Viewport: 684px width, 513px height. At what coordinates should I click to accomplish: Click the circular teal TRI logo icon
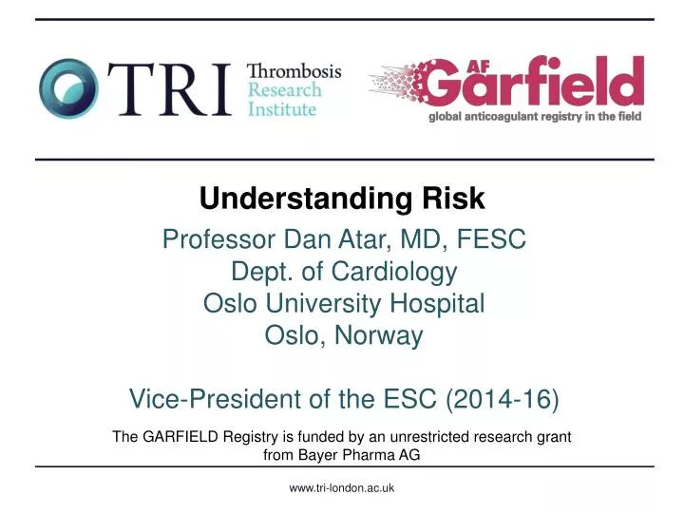coord(68,89)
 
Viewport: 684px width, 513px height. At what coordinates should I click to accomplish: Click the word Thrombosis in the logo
coord(294,70)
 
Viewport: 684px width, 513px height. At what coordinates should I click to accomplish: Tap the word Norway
coord(379,335)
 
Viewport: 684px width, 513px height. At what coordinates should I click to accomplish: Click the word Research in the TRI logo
coord(285,90)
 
